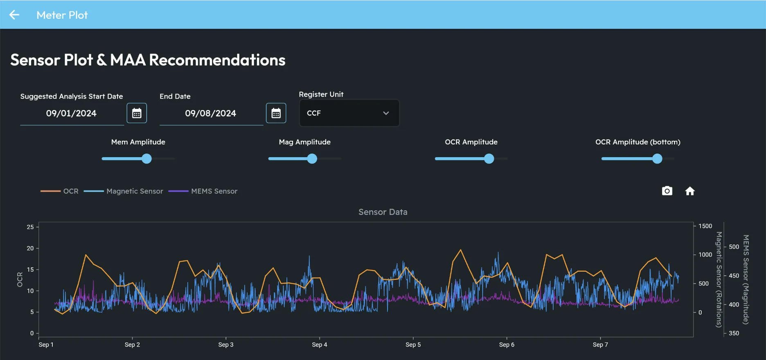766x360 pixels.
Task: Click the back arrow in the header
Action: click(14, 15)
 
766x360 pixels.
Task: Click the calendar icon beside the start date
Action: click(137, 113)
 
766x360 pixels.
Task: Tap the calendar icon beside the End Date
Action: click(276, 113)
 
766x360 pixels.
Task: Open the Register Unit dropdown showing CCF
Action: click(349, 113)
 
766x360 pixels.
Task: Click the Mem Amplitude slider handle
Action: click(146, 159)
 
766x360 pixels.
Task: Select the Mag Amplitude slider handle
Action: click(312, 159)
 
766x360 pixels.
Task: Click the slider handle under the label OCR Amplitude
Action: click(489, 159)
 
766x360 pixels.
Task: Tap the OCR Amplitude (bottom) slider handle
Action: click(657, 159)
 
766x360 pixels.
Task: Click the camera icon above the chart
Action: click(667, 191)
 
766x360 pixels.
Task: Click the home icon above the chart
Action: click(690, 191)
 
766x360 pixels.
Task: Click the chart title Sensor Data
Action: click(383, 212)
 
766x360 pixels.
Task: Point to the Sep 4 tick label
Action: click(319, 344)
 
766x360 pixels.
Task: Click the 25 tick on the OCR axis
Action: click(30, 227)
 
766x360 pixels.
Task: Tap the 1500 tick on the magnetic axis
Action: click(705, 226)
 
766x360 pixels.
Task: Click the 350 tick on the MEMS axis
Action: click(734, 333)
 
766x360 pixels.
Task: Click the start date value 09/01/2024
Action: click(71, 113)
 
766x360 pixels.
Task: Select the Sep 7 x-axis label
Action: click(600, 344)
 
